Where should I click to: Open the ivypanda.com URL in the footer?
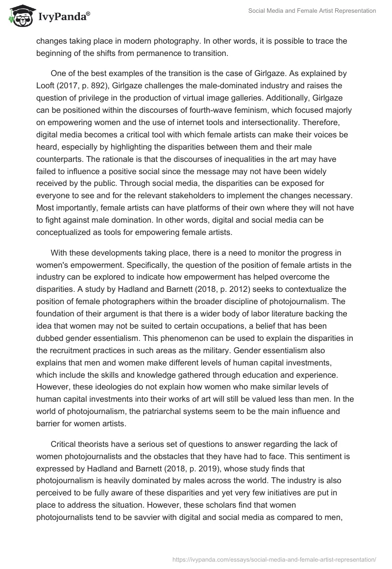point(275,559)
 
